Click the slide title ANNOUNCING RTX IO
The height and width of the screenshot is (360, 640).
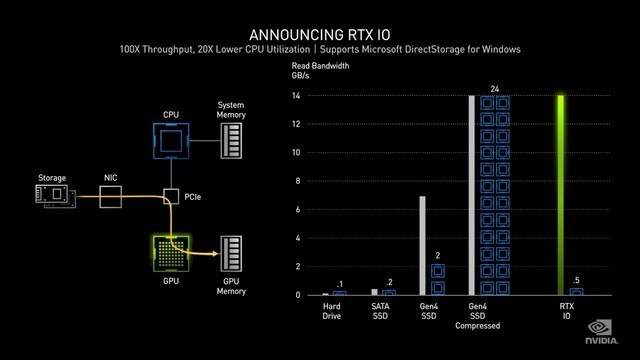pyautogui.click(x=319, y=30)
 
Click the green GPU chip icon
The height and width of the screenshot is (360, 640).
pyautogui.click(x=171, y=254)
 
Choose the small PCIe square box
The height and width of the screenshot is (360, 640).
pyautogui.click(x=171, y=196)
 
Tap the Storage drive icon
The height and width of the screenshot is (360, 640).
pyautogui.click(x=54, y=196)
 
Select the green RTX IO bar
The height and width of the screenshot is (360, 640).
pyautogui.click(x=562, y=195)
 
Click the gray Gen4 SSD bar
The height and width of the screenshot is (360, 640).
pyautogui.click(x=423, y=245)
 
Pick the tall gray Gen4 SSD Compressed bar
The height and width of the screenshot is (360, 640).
pyautogui.click(x=472, y=195)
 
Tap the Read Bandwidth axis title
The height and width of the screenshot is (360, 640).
pyautogui.click(x=320, y=66)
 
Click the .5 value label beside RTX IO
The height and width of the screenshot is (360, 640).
pyautogui.click(x=577, y=279)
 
